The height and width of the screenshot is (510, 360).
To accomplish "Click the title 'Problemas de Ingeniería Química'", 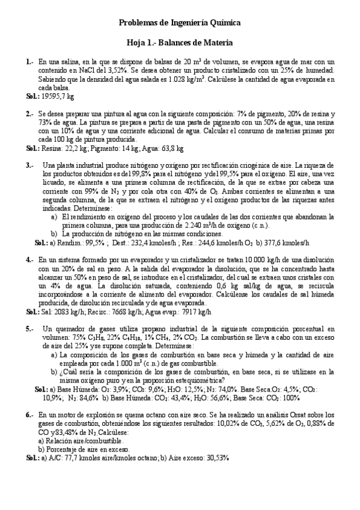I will coord(180,22).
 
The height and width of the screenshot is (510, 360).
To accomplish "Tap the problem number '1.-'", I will coord(30,61).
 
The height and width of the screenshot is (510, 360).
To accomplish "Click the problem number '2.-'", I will coord(30,113).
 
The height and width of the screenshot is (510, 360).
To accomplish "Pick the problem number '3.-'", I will coord(30,165).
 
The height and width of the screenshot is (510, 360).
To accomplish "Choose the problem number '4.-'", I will coord(30,260).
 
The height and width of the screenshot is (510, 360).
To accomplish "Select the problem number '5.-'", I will coord(30,330).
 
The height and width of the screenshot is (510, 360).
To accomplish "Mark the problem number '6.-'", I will coord(30,415).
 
